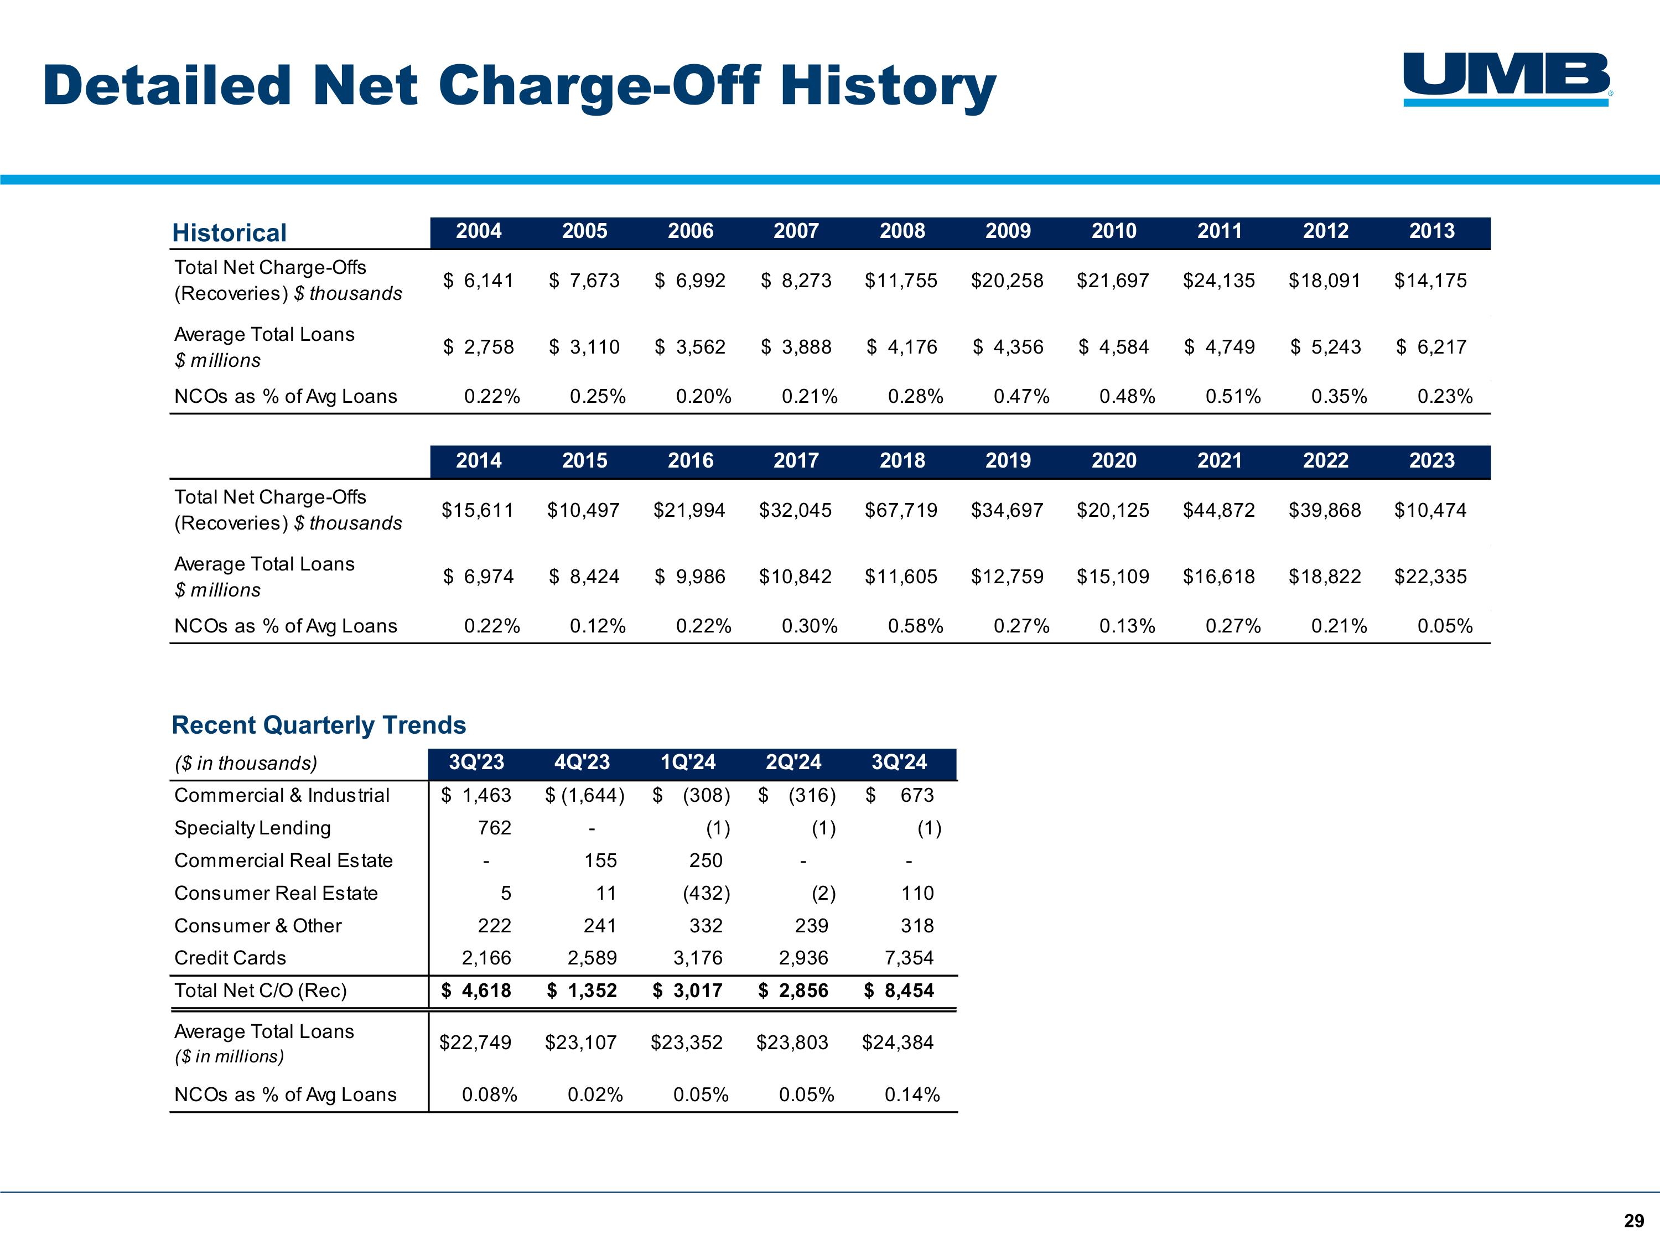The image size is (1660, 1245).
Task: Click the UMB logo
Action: pyautogui.click(x=1508, y=80)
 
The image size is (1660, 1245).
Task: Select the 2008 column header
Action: pyautogui.click(x=902, y=231)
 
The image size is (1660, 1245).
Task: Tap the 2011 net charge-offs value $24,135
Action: pyautogui.click(x=1219, y=281)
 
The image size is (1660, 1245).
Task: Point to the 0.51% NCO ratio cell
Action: pyautogui.click(x=1233, y=396)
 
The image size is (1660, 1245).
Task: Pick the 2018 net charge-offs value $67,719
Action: pyautogui.click(x=901, y=510)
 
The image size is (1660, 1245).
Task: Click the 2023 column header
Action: pyautogui.click(x=1431, y=461)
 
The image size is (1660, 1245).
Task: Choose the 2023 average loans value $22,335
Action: pyautogui.click(x=1430, y=577)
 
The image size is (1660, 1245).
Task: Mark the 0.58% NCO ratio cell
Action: pyautogui.click(x=916, y=626)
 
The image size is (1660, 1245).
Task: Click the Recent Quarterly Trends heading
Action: pyautogui.click(x=319, y=725)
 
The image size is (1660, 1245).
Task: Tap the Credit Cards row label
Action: pyautogui.click(x=230, y=958)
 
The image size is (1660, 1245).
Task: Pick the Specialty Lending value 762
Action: pyautogui.click(x=495, y=828)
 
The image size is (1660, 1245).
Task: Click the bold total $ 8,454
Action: pyautogui.click(x=899, y=990)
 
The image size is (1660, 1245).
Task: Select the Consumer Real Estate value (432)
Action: pyautogui.click(x=706, y=893)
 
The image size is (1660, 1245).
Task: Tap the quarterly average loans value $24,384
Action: pyautogui.click(x=898, y=1042)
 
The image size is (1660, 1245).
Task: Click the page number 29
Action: pyautogui.click(x=1634, y=1221)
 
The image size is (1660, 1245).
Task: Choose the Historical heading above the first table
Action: pyautogui.click(x=229, y=232)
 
